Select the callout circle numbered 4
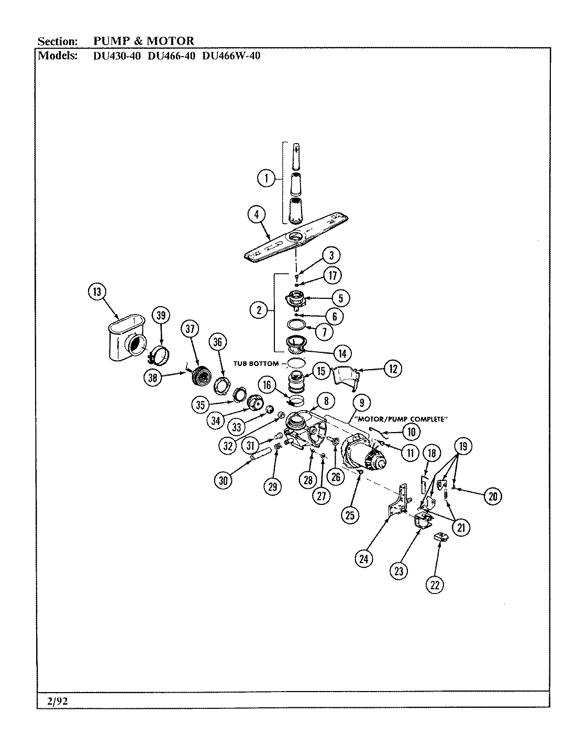(x=257, y=214)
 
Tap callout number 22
(x=434, y=584)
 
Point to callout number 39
(x=160, y=315)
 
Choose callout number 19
(x=463, y=447)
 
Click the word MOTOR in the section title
(x=171, y=40)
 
